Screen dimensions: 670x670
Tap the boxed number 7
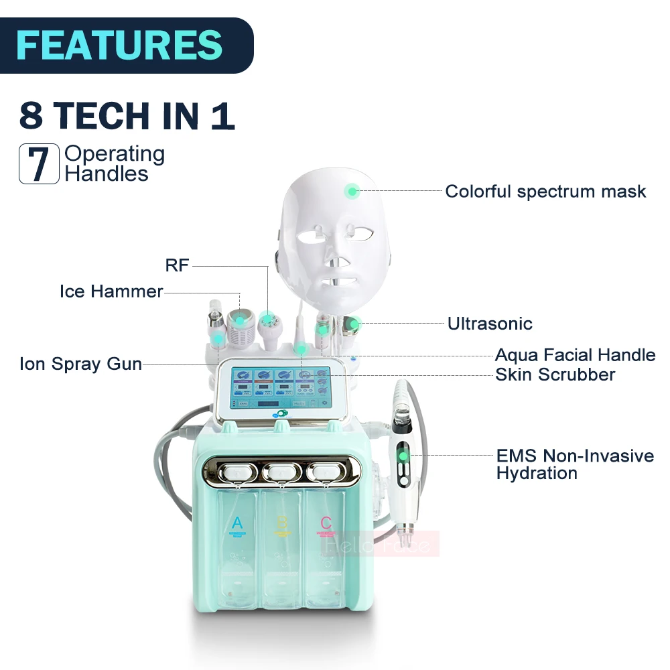40,163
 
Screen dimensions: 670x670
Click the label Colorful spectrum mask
545,192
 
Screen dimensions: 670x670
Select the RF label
178,266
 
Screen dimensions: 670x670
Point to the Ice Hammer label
111,291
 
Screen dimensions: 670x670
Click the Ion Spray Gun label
80,364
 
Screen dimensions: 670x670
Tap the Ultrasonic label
490,324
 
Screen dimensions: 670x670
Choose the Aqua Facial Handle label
575,355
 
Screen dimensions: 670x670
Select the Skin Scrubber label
555,375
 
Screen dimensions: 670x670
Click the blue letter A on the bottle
237,523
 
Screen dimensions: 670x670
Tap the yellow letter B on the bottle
282,523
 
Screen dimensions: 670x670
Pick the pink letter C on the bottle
326,523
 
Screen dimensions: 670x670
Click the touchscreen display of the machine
282,387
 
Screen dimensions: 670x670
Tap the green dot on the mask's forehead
351,192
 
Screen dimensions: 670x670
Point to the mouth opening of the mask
338,280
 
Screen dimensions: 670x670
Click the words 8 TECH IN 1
127,116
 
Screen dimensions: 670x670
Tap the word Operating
115,153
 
